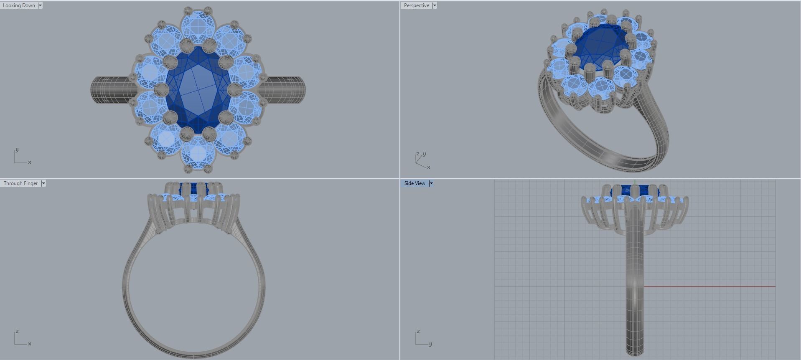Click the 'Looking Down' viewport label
19,5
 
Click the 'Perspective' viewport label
416,5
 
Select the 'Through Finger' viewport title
20,183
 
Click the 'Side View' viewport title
414,183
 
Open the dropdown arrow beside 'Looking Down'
40,5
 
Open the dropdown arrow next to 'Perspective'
435,5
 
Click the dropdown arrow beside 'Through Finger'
43,183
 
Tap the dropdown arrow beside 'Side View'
431,183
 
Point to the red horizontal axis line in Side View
710,286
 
